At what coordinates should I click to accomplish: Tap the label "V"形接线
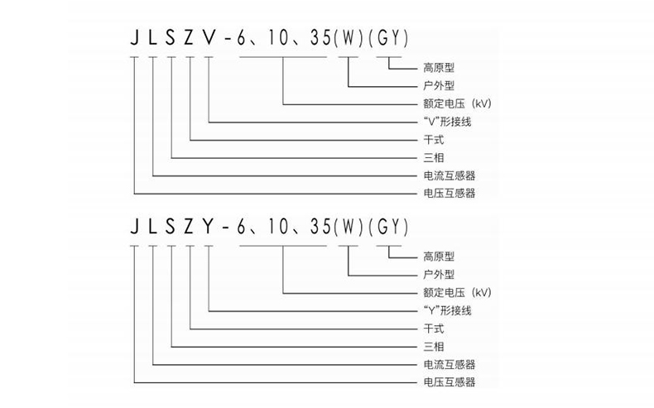[447, 122]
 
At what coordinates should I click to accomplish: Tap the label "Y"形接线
[447, 310]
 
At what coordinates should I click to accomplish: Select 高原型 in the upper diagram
[439, 67]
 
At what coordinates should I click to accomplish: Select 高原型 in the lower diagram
[439, 256]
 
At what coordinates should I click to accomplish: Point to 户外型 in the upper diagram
[439, 85]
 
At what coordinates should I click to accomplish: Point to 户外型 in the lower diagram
[439, 274]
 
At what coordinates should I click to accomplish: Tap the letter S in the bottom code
[171, 224]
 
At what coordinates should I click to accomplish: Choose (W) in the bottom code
[347, 224]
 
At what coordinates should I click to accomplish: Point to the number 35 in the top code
[315, 39]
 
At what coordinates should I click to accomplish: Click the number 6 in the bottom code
[239, 224]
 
